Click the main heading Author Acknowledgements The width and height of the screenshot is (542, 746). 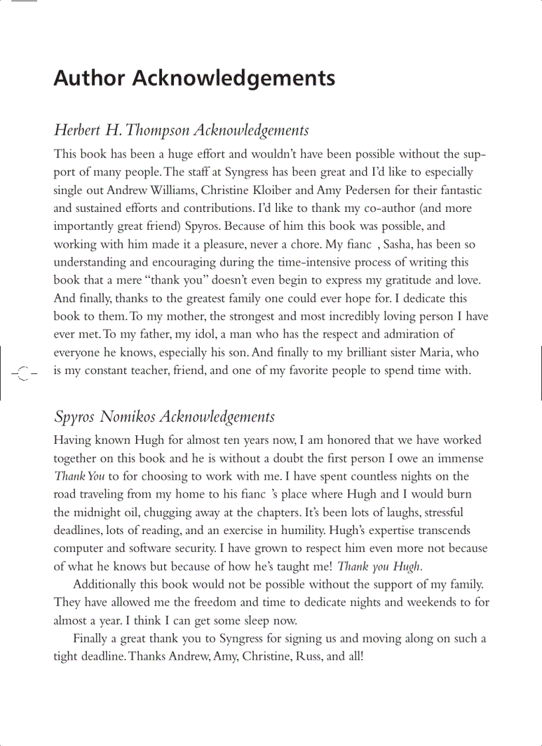point(194,78)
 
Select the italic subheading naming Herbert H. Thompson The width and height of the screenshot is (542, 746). point(181,130)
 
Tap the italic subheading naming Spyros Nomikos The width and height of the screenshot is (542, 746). point(163,417)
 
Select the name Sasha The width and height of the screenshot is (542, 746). point(401,244)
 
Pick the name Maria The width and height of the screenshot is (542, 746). point(428,352)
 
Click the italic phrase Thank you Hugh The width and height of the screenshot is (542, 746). point(379,567)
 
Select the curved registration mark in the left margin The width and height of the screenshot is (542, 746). point(23,373)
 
